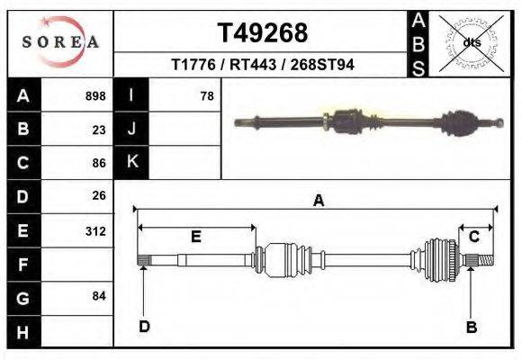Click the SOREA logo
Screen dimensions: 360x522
(x=60, y=42)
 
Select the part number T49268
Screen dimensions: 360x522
(x=263, y=33)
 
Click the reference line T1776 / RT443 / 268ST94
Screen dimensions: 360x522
(x=262, y=66)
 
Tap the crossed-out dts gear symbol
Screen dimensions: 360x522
(x=471, y=42)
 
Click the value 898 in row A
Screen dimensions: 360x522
(x=95, y=96)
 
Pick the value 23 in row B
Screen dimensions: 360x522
(x=99, y=130)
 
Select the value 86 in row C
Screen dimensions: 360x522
(x=99, y=163)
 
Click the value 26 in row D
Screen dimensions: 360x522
(x=99, y=195)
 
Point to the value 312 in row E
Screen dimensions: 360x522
(x=95, y=231)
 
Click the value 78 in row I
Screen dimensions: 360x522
(x=207, y=96)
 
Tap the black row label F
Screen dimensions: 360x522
(x=22, y=265)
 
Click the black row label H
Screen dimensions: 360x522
(x=22, y=331)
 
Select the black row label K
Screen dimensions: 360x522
(x=132, y=162)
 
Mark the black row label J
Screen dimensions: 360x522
(x=132, y=129)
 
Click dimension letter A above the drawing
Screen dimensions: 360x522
(x=318, y=202)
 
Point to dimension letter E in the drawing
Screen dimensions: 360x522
(x=195, y=237)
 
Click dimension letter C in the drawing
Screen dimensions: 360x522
(x=473, y=237)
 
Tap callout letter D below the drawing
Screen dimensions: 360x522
(x=144, y=327)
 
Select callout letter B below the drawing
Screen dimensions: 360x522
(x=471, y=327)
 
